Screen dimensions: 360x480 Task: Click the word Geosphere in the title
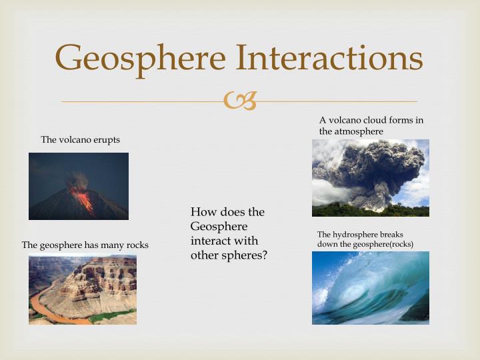pos(140,58)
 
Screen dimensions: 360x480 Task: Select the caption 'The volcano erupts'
pos(80,139)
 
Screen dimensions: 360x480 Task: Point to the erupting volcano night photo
pos(79,186)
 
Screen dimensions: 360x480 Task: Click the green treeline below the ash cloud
pos(370,210)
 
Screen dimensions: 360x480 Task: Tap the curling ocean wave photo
pos(370,288)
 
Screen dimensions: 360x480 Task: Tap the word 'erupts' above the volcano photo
pos(106,139)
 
